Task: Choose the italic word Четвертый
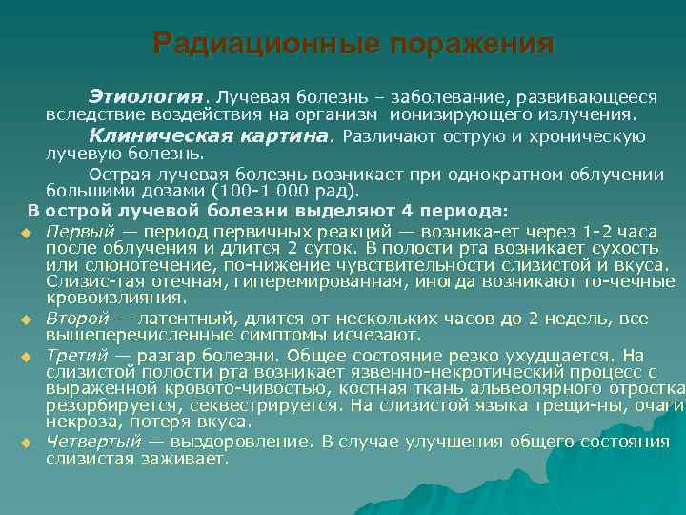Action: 92,442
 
